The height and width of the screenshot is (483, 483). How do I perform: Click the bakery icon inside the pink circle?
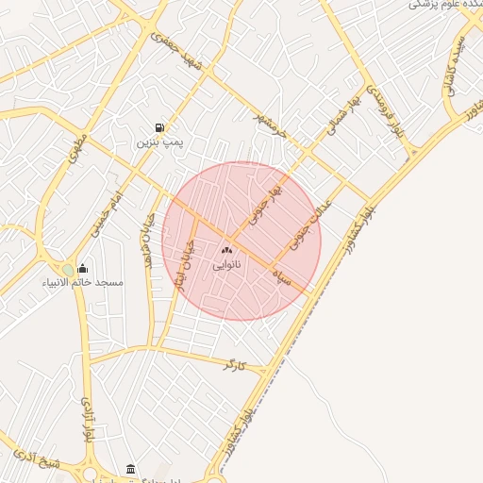point(225,251)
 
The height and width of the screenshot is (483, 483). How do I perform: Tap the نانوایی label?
point(225,266)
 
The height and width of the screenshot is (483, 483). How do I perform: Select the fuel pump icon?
point(158,128)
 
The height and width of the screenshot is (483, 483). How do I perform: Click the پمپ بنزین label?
point(158,143)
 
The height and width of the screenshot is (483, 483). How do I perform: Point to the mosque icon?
point(82,268)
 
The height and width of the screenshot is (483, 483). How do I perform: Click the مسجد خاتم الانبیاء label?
point(82,282)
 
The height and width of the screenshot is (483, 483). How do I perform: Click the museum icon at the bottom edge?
point(130,469)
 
